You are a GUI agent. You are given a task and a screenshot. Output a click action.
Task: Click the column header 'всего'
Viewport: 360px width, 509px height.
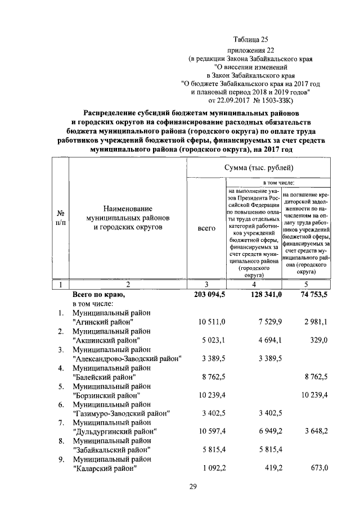pyautogui.click(x=207, y=229)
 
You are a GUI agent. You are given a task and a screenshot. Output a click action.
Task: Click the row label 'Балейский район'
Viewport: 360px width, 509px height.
pyautogui.click(x=105, y=377)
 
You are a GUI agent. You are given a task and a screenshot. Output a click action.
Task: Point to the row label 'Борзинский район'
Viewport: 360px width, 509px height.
pyautogui.click(x=106, y=395)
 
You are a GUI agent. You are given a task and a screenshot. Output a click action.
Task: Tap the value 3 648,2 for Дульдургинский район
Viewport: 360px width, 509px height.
pyautogui.click(x=315, y=431)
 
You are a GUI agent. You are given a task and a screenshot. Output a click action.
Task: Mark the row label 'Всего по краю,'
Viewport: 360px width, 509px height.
pyautogui.click(x=98, y=294)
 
